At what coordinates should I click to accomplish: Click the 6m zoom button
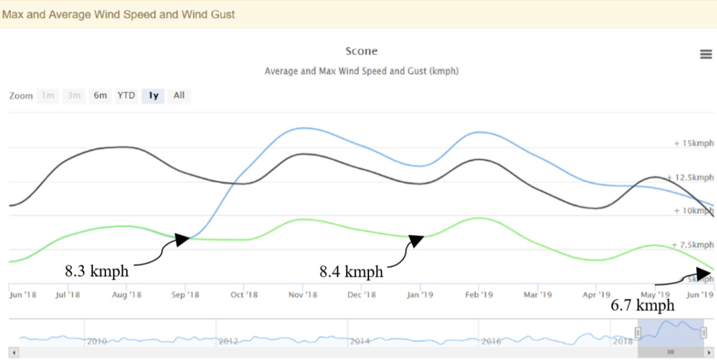pyautogui.click(x=100, y=95)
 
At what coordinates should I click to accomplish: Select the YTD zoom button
pyautogui.click(x=126, y=95)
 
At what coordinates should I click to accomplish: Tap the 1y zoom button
pyautogui.click(x=153, y=95)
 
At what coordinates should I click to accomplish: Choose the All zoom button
pyautogui.click(x=179, y=95)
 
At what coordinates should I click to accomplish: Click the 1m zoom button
pyautogui.click(x=48, y=95)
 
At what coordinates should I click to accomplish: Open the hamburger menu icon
pyautogui.click(x=706, y=55)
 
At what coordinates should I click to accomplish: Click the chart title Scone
pyautogui.click(x=361, y=52)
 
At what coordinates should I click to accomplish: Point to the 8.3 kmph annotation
pyautogui.click(x=96, y=271)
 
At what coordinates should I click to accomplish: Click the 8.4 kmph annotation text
pyautogui.click(x=351, y=271)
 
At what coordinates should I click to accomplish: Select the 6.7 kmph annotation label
pyautogui.click(x=642, y=305)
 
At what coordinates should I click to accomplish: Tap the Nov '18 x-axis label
pyautogui.click(x=302, y=295)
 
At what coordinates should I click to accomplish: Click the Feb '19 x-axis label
pyautogui.click(x=479, y=295)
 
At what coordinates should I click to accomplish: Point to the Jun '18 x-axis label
pyautogui.click(x=23, y=295)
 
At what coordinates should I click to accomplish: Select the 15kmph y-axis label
pyautogui.click(x=694, y=144)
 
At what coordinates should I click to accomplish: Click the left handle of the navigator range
pyautogui.click(x=638, y=332)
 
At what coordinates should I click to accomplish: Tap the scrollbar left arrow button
pyautogui.click(x=14, y=352)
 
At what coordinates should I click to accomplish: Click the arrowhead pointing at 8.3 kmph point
pyautogui.click(x=182, y=240)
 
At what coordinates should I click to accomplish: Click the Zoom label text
pyautogui.click(x=21, y=96)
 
